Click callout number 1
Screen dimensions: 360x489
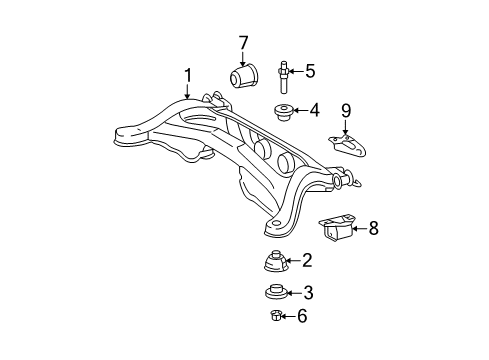tap(185, 73)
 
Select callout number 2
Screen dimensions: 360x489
tap(307, 261)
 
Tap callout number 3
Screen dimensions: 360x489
tap(308, 293)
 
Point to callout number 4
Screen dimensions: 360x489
tap(313, 110)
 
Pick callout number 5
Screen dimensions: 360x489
tap(310, 71)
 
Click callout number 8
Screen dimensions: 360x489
tap(373, 228)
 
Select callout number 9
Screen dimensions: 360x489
tap(346, 109)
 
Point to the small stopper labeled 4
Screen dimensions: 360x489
tap(283, 111)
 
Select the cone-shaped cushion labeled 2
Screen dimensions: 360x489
tap(271, 264)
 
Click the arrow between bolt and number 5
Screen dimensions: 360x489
tap(297, 71)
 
